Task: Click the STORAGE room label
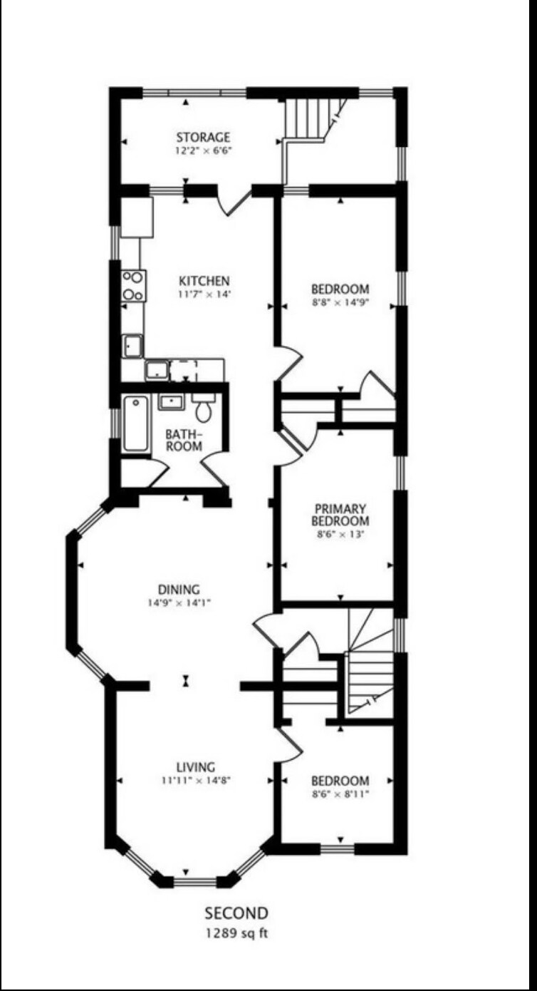pyautogui.click(x=204, y=137)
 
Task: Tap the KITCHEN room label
pyautogui.click(x=204, y=281)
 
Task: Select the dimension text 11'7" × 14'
pyautogui.click(x=204, y=294)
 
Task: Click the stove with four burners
pyautogui.click(x=133, y=285)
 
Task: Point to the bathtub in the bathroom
pyautogui.click(x=135, y=424)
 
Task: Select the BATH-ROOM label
pyautogui.click(x=184, y=440)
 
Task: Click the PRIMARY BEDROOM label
pyautogui.click(x=340, y=514)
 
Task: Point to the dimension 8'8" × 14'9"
pyautogui.click(x=340, y=302)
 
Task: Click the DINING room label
pyautogui.click(x=179, y=590)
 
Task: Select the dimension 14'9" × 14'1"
pyautogui.click(x=179, y=602)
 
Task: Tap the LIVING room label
pyautogui.click(x=196, y=767)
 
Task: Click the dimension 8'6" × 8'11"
pyautogui.click(x=340, y=794)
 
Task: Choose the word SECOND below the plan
pyautogui.click(x=236, y=913)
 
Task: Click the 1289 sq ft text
pyautogui.click(x=236, y=933)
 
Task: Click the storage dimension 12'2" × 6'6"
pyautogui.click(x=204, y=150)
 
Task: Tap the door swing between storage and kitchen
pyautogui.click(x=235, y=202)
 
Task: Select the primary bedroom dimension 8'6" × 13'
pyautogui.click(x=340, y=533)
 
